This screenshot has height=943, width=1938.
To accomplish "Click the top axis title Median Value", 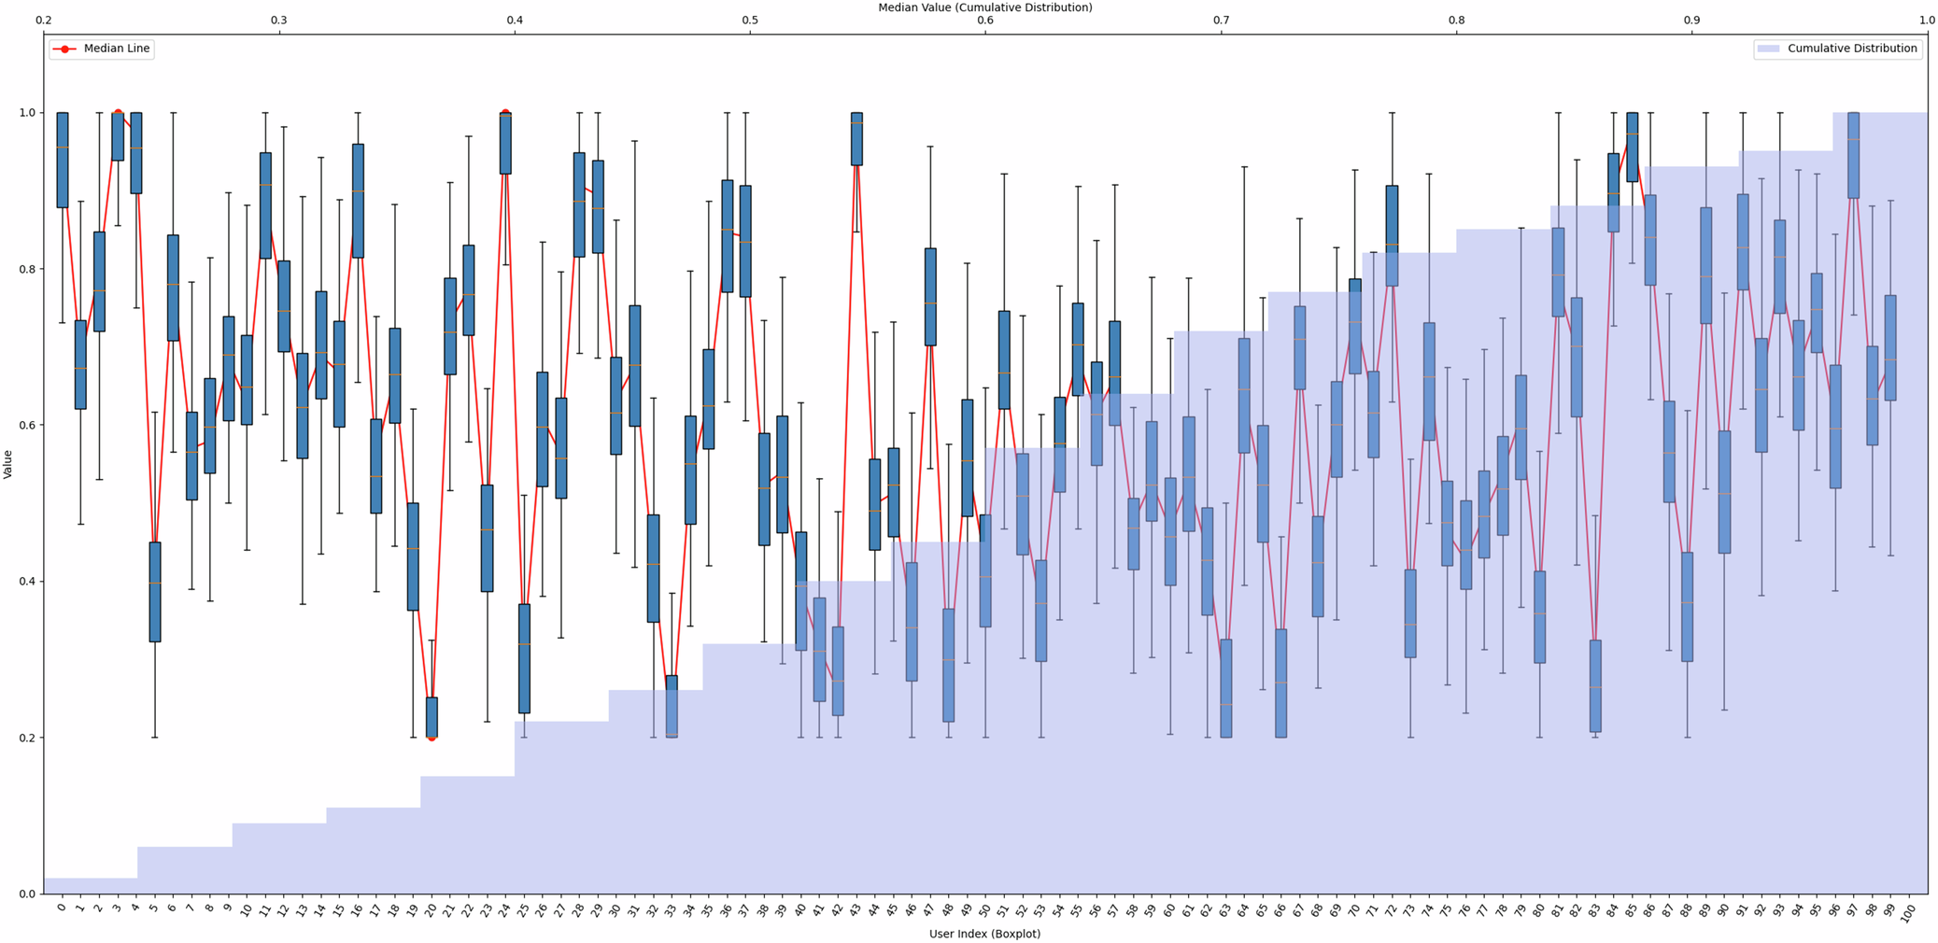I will [984, 7].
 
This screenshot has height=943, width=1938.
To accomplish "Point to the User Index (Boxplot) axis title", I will [984, 933].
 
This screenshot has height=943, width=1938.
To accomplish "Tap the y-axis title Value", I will [8, 464].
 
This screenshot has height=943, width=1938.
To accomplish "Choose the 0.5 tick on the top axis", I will [750, 20].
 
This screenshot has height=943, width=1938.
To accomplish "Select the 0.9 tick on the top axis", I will [1691, 20].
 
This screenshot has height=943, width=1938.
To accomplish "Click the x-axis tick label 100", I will [1907, 910].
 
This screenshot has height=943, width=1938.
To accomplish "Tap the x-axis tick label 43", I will [856, 908].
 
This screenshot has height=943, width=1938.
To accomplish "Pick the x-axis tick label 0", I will [62, 907].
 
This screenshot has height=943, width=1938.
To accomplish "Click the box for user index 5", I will [155, 592].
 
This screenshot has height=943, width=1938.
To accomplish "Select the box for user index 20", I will [431, 717].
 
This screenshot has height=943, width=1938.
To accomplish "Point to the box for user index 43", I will [856, 139].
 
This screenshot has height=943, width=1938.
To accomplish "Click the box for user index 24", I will [505, 144].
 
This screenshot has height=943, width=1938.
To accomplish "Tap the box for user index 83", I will [1595, 685].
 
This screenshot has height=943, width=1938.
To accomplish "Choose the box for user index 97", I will [1853, 155].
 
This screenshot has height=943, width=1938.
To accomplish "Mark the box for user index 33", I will [672, 706].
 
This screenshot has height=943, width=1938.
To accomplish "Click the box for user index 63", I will [1225, 688].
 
